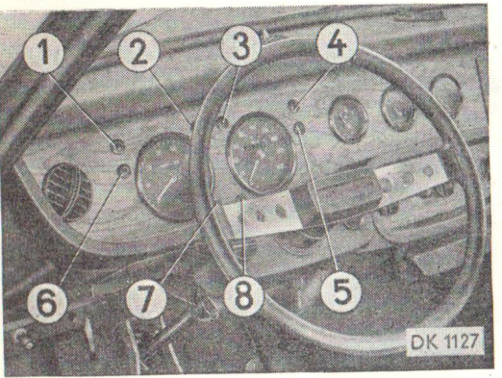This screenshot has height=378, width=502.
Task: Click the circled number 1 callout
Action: [x=43, y=53]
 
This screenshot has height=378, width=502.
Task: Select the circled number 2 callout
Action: [x=138, y=51]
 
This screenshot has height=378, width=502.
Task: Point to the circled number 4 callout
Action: [x=337, y=45]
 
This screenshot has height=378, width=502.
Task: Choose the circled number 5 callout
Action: [x=340, y=292]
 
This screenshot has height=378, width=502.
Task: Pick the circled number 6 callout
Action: [x=47, y=303]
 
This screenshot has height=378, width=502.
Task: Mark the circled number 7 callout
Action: [x=146, y=298]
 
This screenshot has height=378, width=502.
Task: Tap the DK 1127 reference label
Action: [x=445, y=342]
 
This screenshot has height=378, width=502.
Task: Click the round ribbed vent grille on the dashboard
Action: [x=67, y=191]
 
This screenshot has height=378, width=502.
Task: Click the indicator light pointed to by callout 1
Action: [x=117, y=146]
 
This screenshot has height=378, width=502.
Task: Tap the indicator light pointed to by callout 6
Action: [x=124, y=170]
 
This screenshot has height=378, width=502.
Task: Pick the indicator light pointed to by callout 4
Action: [x=293, y=105]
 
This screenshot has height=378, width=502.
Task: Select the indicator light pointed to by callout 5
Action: [x=299, y=128]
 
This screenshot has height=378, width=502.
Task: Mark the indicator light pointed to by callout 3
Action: [x=222, y=122]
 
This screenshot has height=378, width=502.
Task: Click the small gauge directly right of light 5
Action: [x=348, y=119]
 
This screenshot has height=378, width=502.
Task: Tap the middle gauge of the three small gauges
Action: [x=398, y=109]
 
